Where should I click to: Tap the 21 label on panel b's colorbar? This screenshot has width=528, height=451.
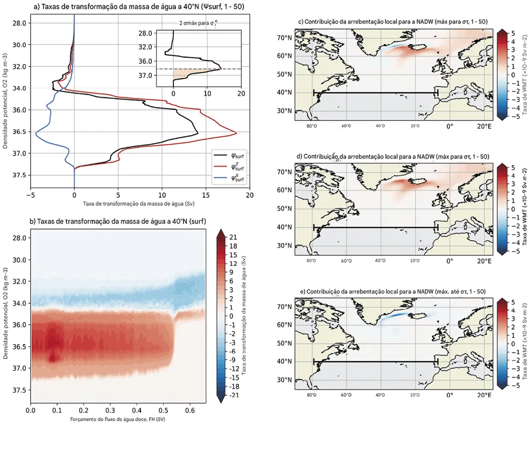233,237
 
